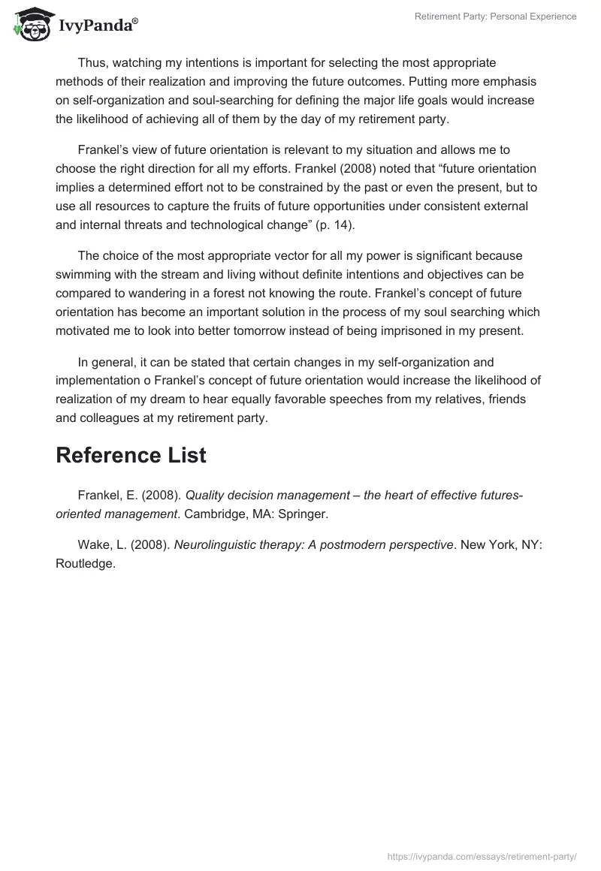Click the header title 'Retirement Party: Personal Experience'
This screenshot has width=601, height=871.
495,17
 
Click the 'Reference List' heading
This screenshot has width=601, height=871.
131,455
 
